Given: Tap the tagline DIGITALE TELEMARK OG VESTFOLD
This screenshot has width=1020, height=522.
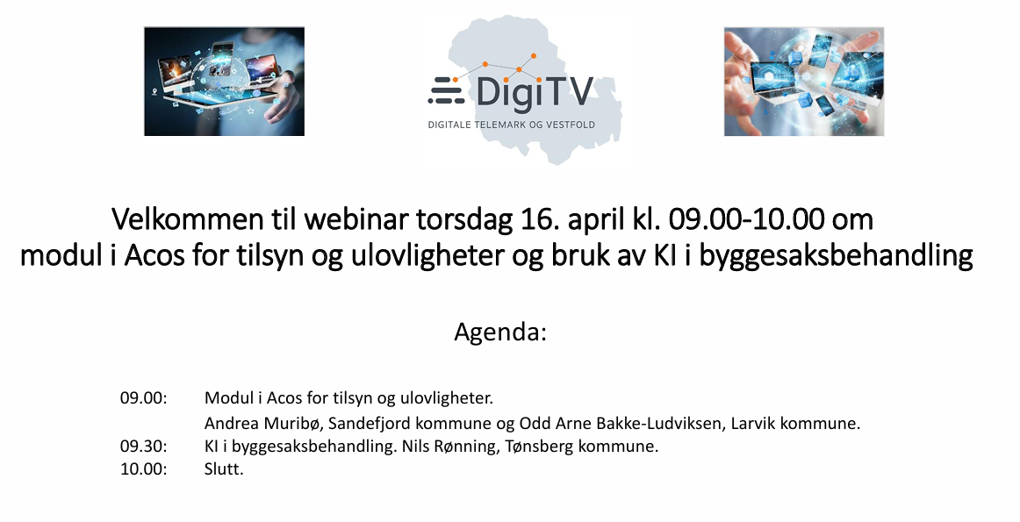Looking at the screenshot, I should click(511, 125).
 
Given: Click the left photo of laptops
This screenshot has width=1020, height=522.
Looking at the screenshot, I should click(224, 81).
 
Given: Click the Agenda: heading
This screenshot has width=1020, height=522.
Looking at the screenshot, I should click(500, 333).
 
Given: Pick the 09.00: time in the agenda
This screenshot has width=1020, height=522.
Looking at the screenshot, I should click(143, 397).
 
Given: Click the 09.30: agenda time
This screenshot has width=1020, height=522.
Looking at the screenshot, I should click(143, 447).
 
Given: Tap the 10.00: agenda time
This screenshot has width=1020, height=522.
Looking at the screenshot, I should click(143, 469).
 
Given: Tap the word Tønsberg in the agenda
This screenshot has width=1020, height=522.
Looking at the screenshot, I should click(545, 447).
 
